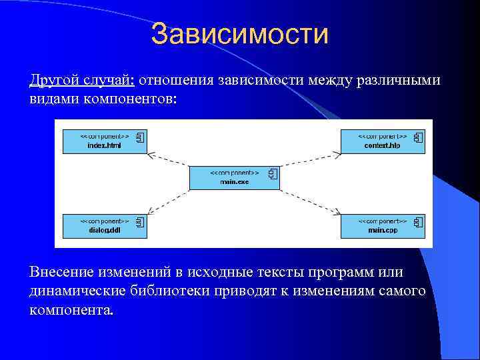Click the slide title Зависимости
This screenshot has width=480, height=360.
(239, 35)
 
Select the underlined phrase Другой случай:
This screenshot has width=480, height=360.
(82, 81)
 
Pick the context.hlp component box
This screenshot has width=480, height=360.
(383, 141)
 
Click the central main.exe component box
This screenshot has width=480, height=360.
(235, 177)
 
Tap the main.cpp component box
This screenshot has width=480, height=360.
(383, 225)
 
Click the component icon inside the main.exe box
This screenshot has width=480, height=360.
(272, 175)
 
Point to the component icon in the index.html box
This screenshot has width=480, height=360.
(140, 138)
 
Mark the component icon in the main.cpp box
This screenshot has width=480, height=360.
(418, 223)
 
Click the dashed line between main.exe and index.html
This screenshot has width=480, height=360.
(170, 161)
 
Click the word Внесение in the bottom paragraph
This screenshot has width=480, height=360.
(61, 272)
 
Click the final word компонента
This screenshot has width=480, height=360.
(71, 310)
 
